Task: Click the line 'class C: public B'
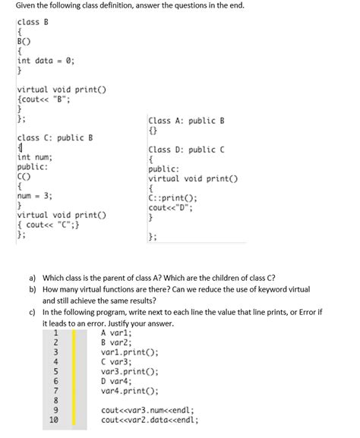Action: tap(55, 137)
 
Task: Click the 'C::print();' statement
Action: tap(174, 198)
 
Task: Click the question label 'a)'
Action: tap(32, 278)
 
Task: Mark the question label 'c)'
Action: tap(32, 311)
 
